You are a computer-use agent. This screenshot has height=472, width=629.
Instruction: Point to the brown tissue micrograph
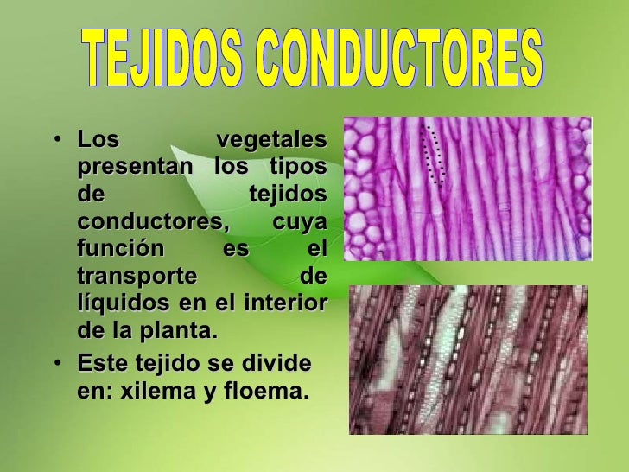tap(467, 360)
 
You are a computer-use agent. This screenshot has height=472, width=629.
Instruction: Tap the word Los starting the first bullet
tap(98, 139)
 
